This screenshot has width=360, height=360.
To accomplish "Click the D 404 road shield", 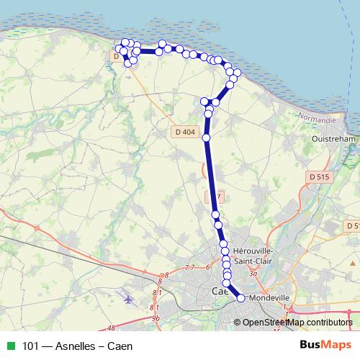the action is tap(184, 132).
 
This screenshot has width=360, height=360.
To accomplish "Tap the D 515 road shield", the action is tap(317, 176).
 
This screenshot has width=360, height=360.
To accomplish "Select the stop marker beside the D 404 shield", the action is tap(207, 137).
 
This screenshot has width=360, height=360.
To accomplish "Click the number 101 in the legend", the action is tap(31, 346).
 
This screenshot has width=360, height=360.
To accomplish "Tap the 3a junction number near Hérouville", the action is tap(252, 274).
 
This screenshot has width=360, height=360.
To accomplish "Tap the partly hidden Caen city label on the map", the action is tap(220, 291).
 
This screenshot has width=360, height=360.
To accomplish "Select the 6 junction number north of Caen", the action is tap(207, 267).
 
